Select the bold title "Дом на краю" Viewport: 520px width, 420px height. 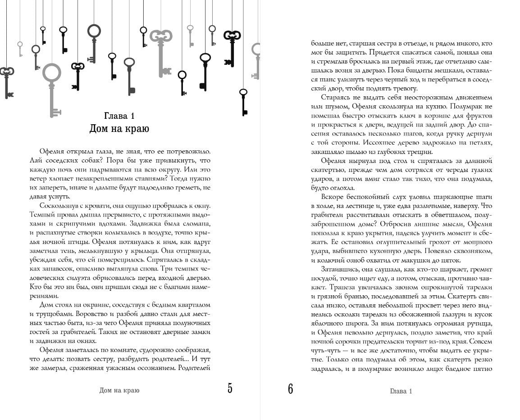click(x=119, y=129)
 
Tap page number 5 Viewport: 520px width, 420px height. click(x=230, y=388)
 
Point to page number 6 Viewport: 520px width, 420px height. click(x=291, y=389)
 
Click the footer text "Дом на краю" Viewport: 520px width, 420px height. click(x=119, y=390)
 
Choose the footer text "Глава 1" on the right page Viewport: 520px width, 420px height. click(x=401, y=391)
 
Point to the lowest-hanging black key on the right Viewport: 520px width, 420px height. click(x=243, y=102)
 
